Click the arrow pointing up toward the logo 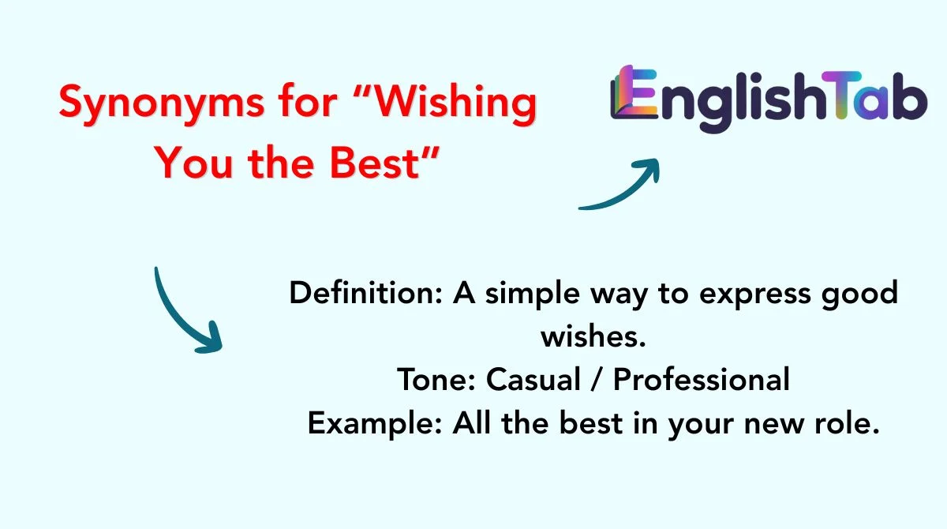coord(623,186)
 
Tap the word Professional coord(702,381)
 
